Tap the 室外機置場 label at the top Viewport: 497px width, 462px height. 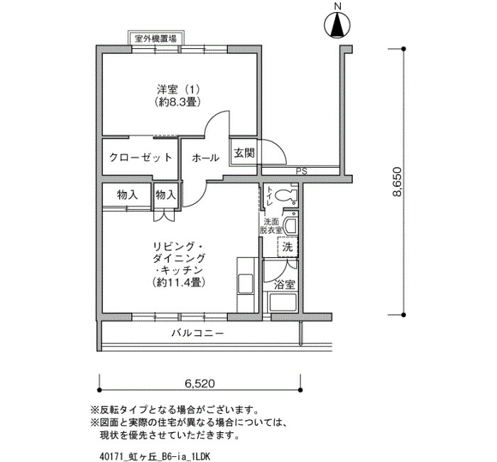pyautogui.click(x=155, y=39)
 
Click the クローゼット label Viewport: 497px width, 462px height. pyautogui.click(x=141, y=157)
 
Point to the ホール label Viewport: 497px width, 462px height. pyautogui.click(x=205, y=157)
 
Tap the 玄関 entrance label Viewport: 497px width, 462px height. pyautogui.click(x=244, y=154)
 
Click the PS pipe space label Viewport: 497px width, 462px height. pyautogui.click(x=302, y=171)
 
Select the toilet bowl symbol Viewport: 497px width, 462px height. pyautogui.click(x=285, y=195)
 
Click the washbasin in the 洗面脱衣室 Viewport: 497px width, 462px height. pyautogui.click(x=290, y=226)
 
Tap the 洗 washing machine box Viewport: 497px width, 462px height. pyautogui.click(x=288, y=247)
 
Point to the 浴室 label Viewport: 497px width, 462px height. pyautogui.click(x=285, y=285)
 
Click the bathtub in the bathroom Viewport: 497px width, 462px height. pyautogui.click(x=282, y=302)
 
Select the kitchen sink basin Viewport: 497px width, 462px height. pyautogui.click(x=246, y=284)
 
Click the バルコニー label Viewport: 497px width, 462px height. pyautogui.click(x=198, y=333)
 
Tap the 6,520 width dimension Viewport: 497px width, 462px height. pyautogui.click(x=200, y=384)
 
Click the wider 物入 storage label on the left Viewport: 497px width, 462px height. pyautogui.click(x=127, y=195)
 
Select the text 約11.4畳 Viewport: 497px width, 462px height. pyautogui.click(x=178, y=282)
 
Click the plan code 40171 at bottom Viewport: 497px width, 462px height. pyautogui.click(x=110, y=456)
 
